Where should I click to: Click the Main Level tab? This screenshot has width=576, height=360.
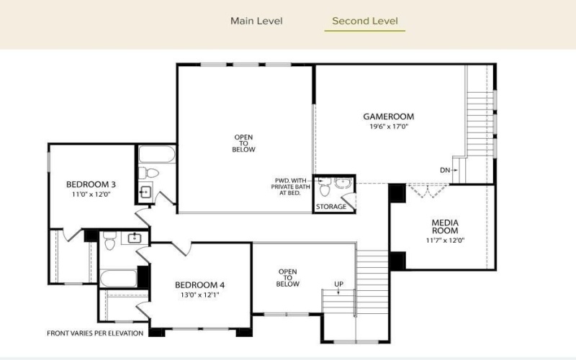pyautogui.click(x=256, y=21)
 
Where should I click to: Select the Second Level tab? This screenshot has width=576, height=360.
pyautogui.click(x=365, y=21)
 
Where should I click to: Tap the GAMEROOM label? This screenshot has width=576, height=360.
pyautogui.click(x=388, y=116)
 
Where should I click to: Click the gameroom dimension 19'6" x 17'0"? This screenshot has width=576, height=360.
pyautogui.click(x=388, y=126)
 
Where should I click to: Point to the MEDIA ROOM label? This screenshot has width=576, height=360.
pyautogui.click(x=445, y=227)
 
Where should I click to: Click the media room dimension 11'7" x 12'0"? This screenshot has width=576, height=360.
pyautogui.click(x=445, y=240)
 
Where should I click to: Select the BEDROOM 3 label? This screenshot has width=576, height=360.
pyautogui.click(x=91, y=184)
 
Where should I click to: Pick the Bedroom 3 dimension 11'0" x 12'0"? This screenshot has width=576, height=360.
pyautogui.click(x=91, y=194)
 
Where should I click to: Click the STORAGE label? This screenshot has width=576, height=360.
pyautogui.click(x=331, y=207)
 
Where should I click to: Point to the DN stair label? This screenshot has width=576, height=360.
pyautogui.click(x=444, y=171)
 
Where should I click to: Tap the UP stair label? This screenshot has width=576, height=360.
pyautogui.click(x=338, y=284)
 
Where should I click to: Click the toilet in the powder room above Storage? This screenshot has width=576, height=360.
pyautogui.click(x=325, y=189)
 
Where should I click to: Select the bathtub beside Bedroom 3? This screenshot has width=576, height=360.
pyautogui.click(x=156, y=155)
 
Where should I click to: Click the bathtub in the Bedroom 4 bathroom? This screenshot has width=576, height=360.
pyautogui.click(x=119, y=278)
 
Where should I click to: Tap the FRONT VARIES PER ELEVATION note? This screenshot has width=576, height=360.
pyautogui.click(x=95, y=333)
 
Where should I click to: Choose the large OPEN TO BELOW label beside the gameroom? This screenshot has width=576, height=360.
pyautogui.click(x=244, y=143)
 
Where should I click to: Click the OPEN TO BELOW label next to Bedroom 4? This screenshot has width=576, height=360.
pyautogui.click(x=288, y=278)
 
